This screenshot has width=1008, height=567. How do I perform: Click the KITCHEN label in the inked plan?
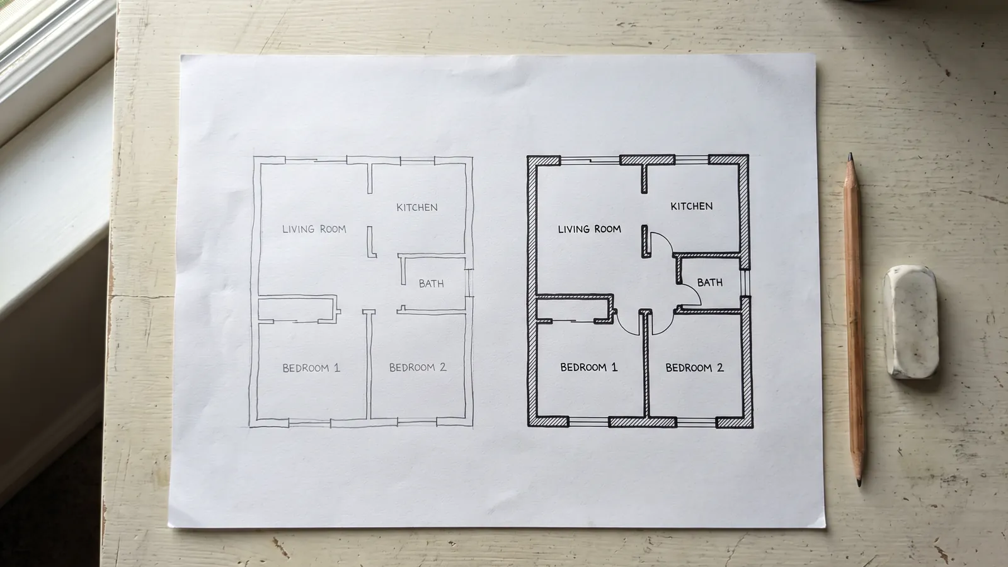[x=692, y=206]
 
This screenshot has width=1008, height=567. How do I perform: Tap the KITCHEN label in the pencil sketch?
[x=416, y=207]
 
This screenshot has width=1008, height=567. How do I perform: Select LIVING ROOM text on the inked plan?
[x=590, y=229]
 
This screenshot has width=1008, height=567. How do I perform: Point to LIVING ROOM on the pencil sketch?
[x=314, y=229]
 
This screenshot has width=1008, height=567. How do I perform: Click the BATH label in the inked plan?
[x=710, y=283]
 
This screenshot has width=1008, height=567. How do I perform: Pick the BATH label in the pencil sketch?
[x=431, y=283]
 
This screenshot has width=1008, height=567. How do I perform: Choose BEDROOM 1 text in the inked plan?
[x=588, y=367]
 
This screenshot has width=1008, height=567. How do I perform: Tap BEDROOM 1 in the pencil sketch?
[x=311, y=368]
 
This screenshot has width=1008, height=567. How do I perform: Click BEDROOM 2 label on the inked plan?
[x=695, y=368]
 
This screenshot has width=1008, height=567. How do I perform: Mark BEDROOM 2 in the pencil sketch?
[x=418, y=368]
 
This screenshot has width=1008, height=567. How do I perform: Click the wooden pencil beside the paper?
[x=854, y=319]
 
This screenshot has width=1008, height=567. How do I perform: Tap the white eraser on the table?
[x=911, y=322]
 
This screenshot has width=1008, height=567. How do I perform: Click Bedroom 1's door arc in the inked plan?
[x=624, y=328]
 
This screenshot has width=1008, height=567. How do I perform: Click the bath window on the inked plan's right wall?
[x=745, y=282]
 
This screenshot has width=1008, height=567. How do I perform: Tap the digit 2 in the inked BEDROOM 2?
[x=720, y=368]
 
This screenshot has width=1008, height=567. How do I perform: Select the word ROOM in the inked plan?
[x=607, y=229]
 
